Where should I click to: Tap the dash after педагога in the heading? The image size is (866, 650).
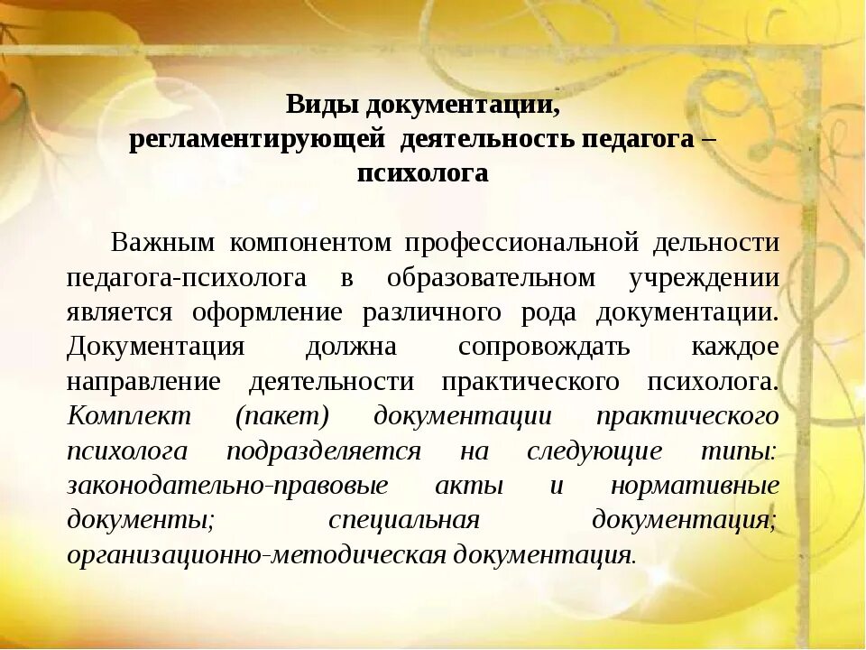click(x=708, y=140)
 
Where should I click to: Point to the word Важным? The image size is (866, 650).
click(x=163, y=243)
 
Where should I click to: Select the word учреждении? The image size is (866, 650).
click(x=704, y=277)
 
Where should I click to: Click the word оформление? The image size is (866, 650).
click(x=266, y=312)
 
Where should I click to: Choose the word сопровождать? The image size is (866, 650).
click(x=544, y=348)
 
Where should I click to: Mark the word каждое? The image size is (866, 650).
click(x=735, y=348)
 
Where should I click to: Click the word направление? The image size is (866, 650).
click(x=143, y=382)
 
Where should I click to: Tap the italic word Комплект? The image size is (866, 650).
click(x=129, y=416)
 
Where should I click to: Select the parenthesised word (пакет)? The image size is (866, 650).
click(x=282, y=416)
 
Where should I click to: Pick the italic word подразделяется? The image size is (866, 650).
click(x=323, y=451)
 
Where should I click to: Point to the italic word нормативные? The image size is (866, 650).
click(x=695, y=486)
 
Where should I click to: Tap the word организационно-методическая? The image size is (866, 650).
click(x=256, y=554)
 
